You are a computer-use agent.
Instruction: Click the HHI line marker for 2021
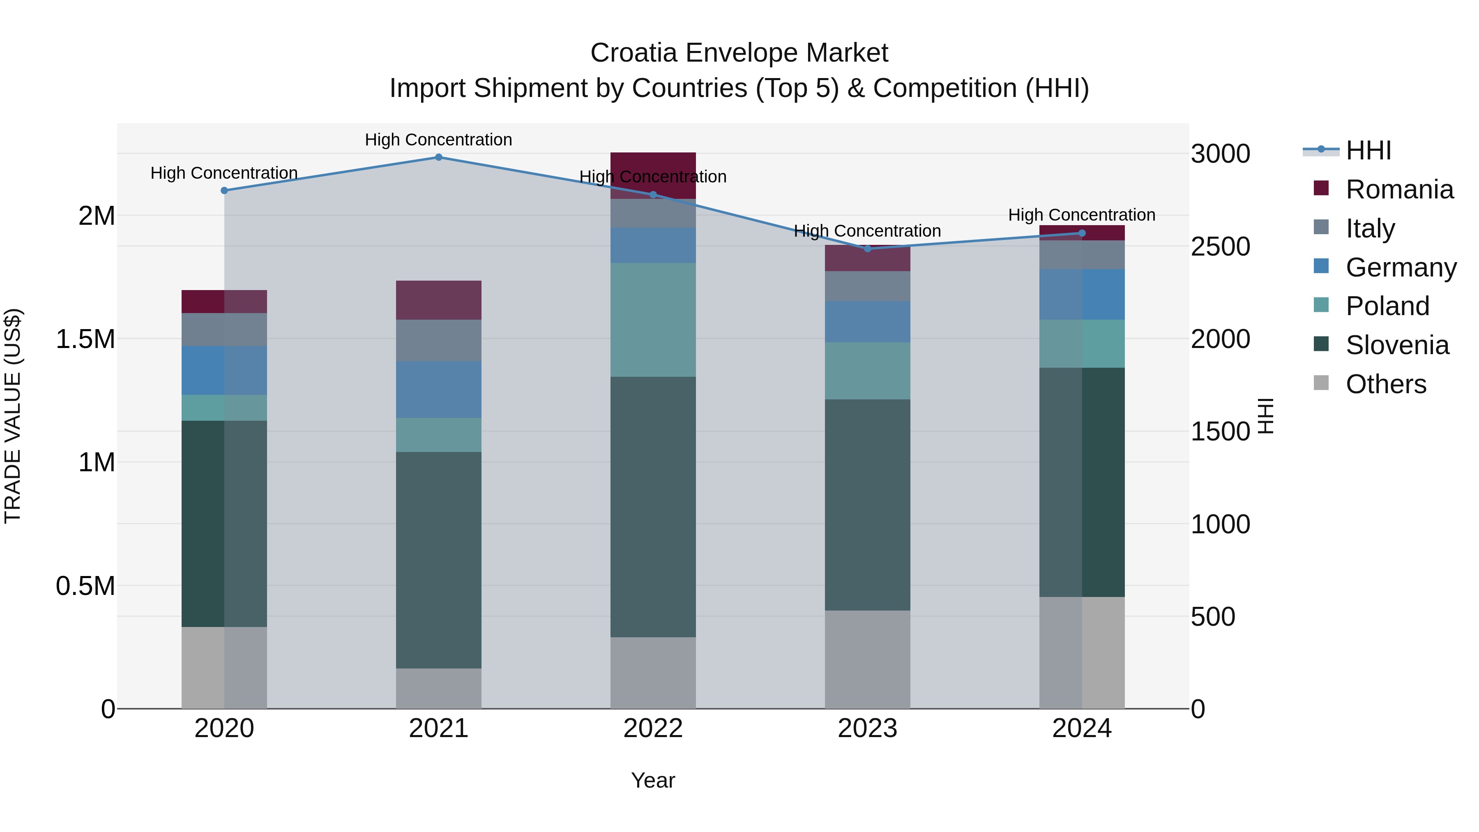point(439,157)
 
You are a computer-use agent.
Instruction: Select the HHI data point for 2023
point(868,249)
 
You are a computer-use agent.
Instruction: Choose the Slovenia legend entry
point(1397,345)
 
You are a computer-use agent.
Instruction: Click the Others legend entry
point(1385,384)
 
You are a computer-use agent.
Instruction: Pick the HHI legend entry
point(1368,150)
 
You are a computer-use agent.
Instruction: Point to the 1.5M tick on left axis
point(85,339)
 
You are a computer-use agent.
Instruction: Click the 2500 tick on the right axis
point(1220,247)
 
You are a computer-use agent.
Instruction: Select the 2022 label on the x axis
point(653,728)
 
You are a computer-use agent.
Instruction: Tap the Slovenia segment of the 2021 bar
point(439,560)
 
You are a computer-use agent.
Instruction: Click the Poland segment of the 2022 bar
point(653,320)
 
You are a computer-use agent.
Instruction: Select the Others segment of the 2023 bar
point(868,659)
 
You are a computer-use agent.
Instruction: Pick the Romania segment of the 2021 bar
point(439,300)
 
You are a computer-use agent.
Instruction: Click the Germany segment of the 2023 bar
point(868,322)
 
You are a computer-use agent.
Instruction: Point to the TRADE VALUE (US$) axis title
point(13,416)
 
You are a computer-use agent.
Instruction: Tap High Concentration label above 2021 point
point(439,140)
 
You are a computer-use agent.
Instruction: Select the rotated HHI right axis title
point(1265,416)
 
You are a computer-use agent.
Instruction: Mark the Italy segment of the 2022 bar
point(653,213)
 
